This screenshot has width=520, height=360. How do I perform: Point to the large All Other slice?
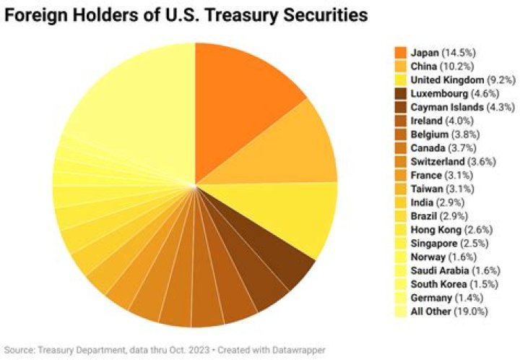point(130,94)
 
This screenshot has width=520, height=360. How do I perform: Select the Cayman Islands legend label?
point(447,106)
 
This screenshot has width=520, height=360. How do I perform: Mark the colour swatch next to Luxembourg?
point(400,93)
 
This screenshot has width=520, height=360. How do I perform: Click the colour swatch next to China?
point(400,67)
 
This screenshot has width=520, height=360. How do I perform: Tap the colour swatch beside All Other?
point(400,312)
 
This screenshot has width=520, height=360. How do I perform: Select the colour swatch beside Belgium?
point(400,134)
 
